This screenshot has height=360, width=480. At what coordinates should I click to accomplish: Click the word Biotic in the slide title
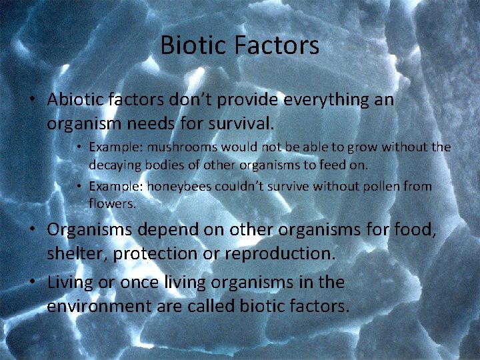click(x=194, y=45)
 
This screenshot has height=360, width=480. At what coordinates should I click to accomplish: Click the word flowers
click(x=111, y=204)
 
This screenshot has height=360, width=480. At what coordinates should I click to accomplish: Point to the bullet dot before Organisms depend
click(x=31, y=230)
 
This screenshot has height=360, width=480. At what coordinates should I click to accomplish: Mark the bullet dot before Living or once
click(x=31, y=283)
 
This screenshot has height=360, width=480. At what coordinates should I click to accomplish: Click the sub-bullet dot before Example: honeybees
click(x=79, y=187)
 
